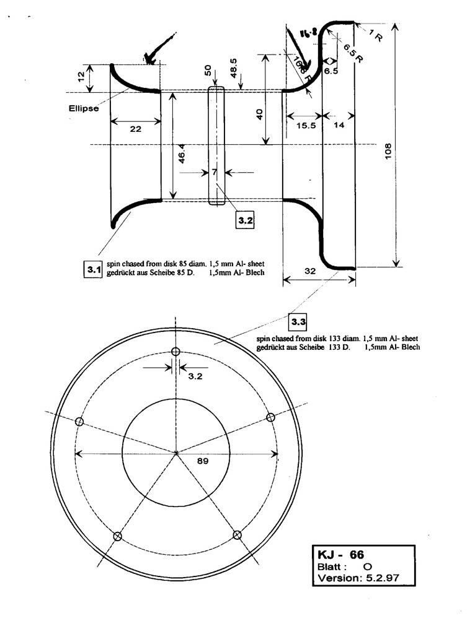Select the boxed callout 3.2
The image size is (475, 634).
tap(246, 220)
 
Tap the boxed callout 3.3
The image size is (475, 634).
tap(298, 322)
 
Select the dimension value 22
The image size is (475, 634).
tap(136, 129)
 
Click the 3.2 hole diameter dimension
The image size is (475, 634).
tap(195, 376)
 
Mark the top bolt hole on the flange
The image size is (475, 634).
tap(175, 351)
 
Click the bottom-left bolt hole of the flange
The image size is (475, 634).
tap(119, 536)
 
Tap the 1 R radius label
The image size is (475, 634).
tap(376, 37)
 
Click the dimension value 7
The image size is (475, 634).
tap(214, 172)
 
